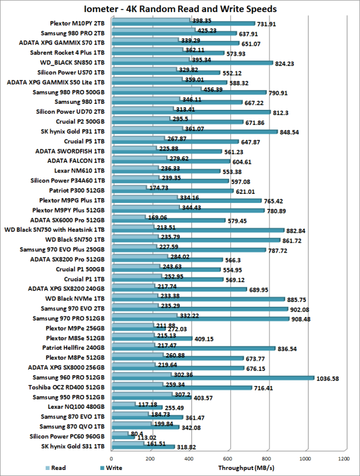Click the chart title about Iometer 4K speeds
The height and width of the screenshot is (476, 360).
coord(179,9)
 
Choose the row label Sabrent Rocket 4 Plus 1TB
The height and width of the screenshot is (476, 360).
coord(71,52)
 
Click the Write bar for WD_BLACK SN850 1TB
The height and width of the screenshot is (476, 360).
coord(192,63)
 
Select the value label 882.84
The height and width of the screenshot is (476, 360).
coord(302,230)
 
